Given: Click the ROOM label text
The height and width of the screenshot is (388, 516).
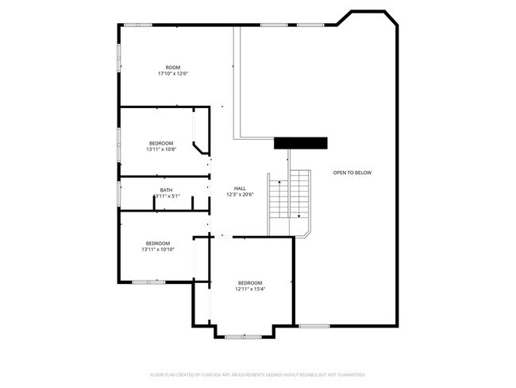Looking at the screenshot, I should [172, 67].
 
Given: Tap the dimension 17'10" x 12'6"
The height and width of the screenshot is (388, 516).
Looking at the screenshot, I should [172, 74].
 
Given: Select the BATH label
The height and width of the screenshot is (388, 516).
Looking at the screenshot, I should [166, 190].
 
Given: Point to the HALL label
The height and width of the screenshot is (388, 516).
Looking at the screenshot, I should [239, 188].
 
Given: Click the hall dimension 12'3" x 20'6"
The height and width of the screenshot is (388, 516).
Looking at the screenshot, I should [239, 195].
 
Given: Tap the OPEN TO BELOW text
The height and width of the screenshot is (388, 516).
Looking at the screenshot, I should [352, 173].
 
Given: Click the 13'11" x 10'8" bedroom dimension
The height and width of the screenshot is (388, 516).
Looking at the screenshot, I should [160, 149].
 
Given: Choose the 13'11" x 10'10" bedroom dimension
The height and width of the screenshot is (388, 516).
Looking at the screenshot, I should [157, 250].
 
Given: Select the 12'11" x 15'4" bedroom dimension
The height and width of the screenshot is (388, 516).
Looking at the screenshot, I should [249, 289].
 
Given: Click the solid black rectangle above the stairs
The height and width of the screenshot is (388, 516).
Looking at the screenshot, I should [301, 142].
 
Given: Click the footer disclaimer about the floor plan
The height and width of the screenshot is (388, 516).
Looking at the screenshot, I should [257, 374].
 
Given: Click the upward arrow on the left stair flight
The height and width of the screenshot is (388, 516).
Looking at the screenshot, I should [279, 184].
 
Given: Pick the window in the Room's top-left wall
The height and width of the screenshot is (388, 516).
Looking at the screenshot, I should [137, 25].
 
